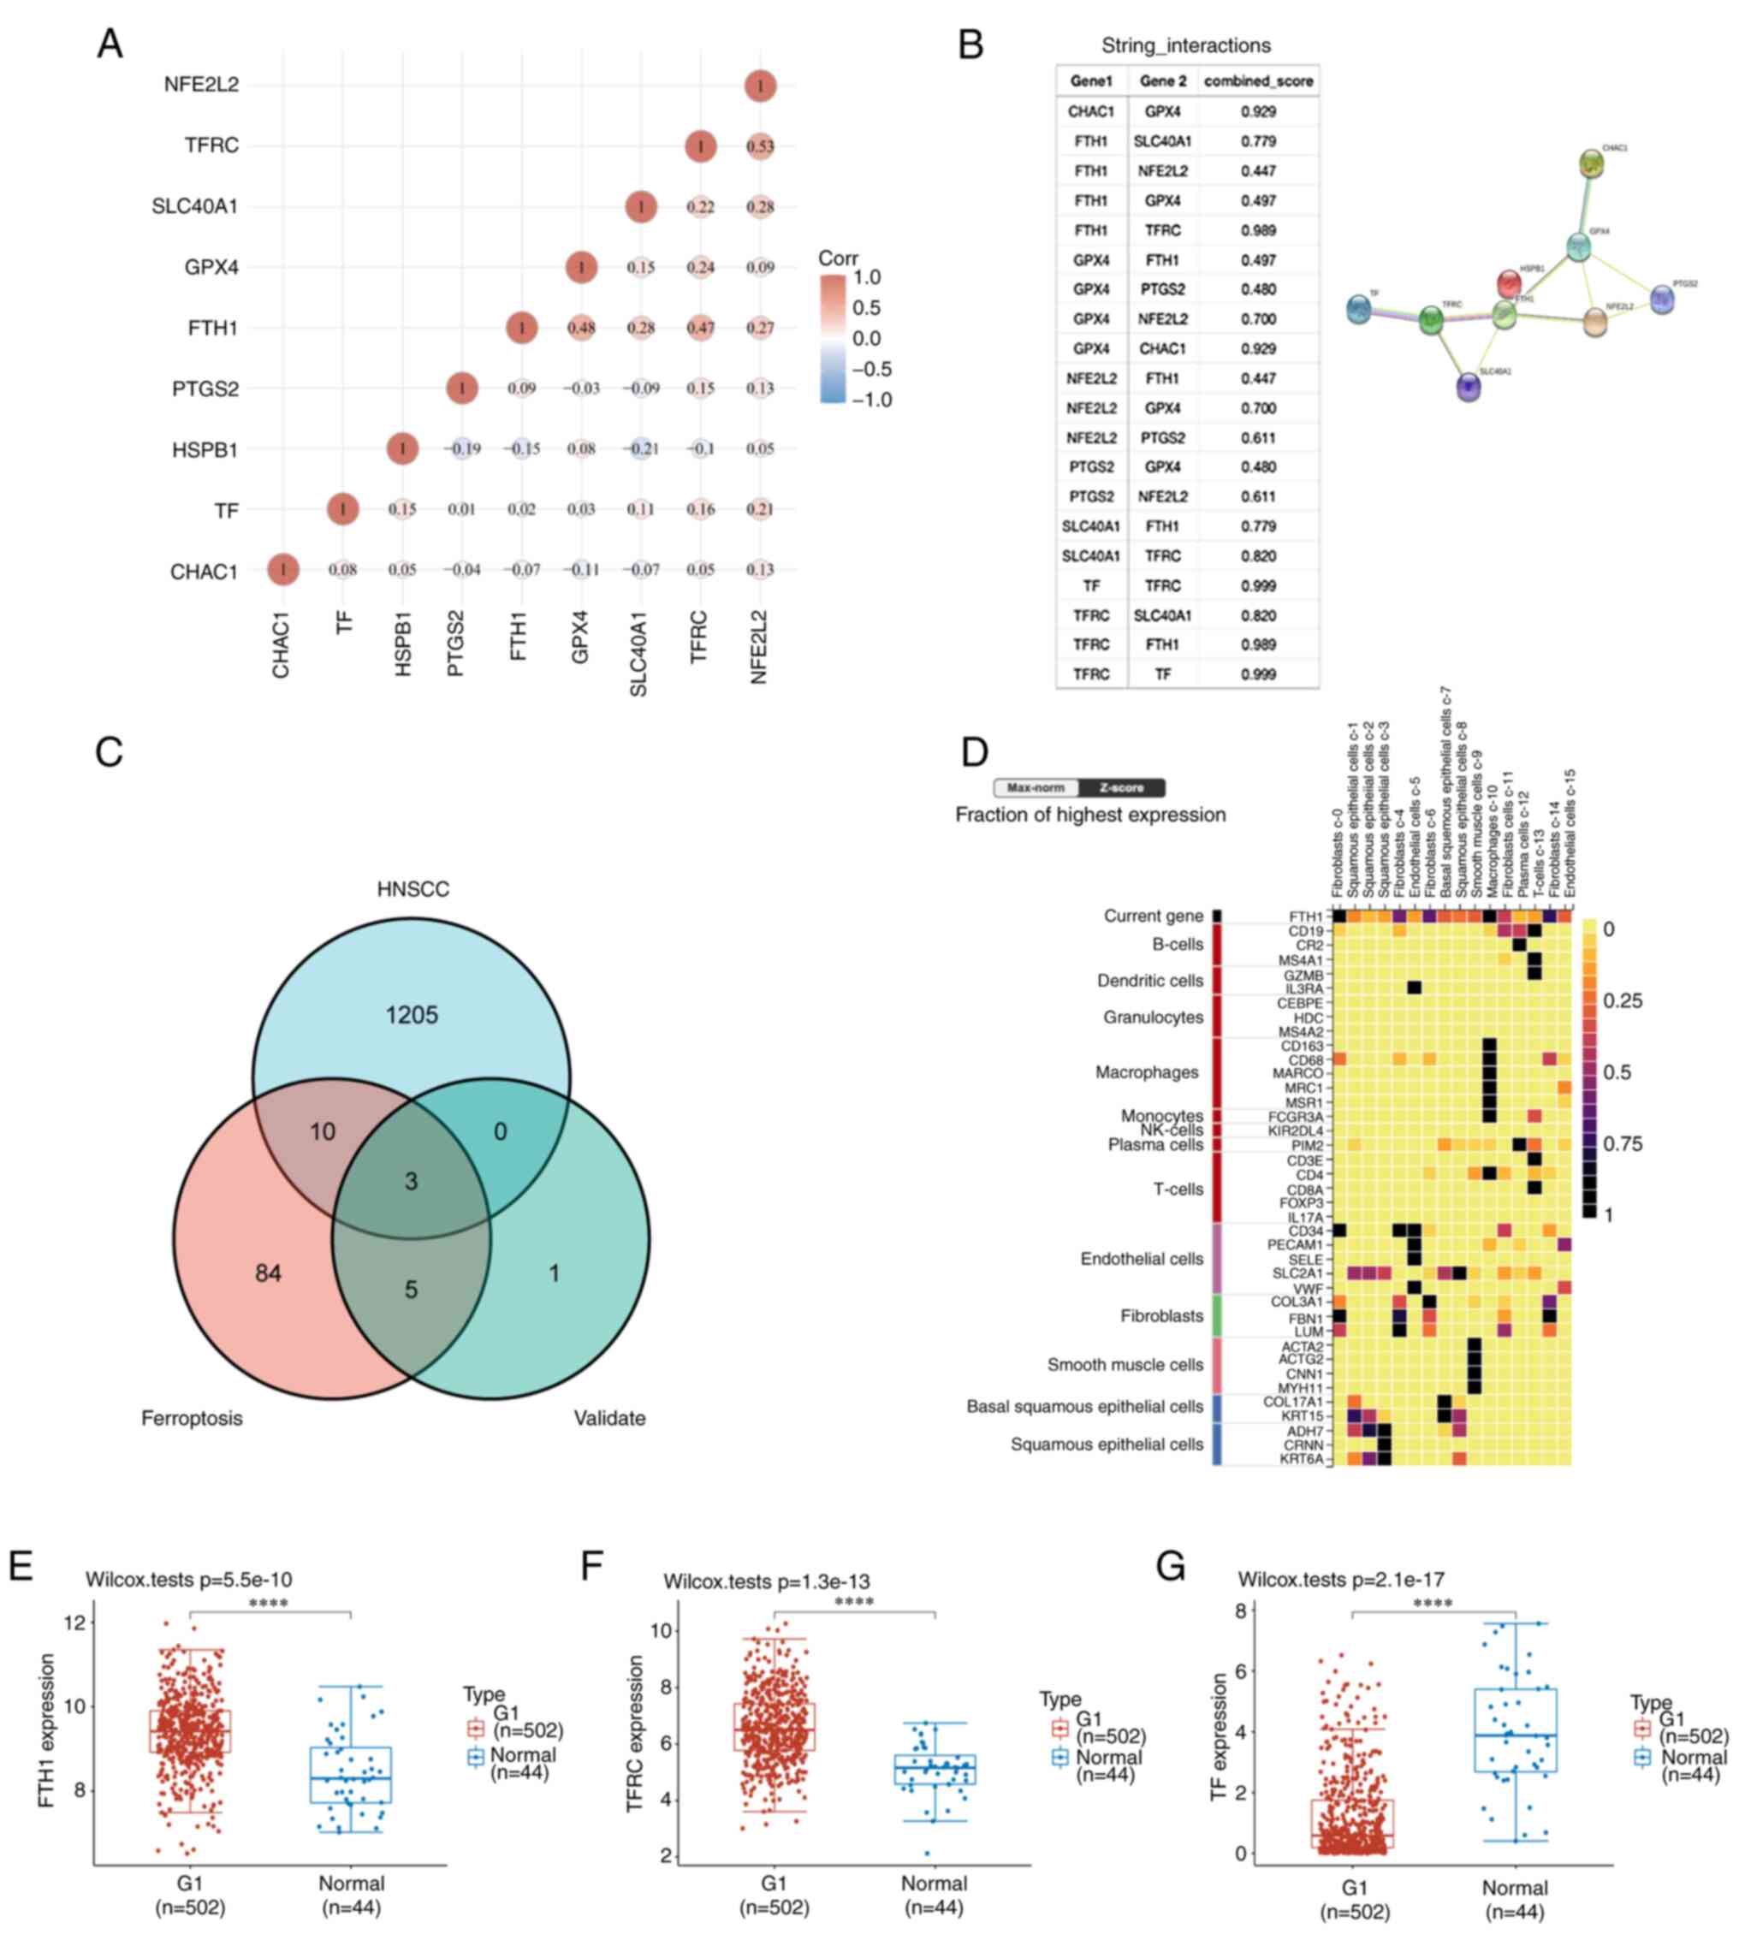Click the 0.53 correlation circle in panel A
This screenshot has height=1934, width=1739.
click(760, 146)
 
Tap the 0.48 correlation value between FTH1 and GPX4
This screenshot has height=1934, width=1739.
click(581, 328)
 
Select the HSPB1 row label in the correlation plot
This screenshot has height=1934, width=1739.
click(205, 449)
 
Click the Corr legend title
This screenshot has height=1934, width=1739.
click(838, 258)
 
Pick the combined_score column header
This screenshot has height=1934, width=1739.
click(1258, 81)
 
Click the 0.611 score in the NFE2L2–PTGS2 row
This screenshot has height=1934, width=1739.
click(1258, 437)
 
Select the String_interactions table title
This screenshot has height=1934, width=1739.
click(1186, 44)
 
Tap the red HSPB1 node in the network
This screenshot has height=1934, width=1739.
click(1509, 284)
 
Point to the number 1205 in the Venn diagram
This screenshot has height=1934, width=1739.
click(411, 1015)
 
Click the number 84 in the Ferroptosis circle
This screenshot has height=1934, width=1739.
click(268, 1273)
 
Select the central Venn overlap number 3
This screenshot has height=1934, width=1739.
click(411, 1181)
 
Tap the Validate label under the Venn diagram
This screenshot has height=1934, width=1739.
click(609, 1418)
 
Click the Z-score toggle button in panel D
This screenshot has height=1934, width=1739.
click(1121, 788)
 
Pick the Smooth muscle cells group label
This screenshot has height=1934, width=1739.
click(1125, 1365)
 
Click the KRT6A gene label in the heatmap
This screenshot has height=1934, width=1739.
click(1302, 1459)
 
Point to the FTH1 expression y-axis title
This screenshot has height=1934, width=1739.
click(47, 1731)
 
